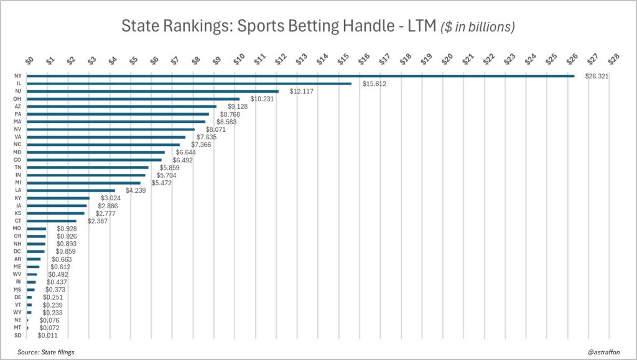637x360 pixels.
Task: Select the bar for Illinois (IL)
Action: [x=189, y=83]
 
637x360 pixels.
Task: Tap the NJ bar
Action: [x=153, y=91]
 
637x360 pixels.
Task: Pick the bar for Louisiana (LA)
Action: [x=71, y=190]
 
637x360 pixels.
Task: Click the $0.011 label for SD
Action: [x=48, y=335]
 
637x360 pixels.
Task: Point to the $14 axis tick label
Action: [x=322, y=59]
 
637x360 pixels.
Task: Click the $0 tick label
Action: [x=29, y=59]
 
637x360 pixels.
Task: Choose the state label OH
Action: [x=17, y=99]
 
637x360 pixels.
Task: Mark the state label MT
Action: [x=17, y=328]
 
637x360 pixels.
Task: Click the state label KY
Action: [x=17, y=198]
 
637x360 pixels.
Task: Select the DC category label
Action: [x=17, y=251]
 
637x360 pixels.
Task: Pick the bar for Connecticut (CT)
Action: [x=52, y=221]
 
